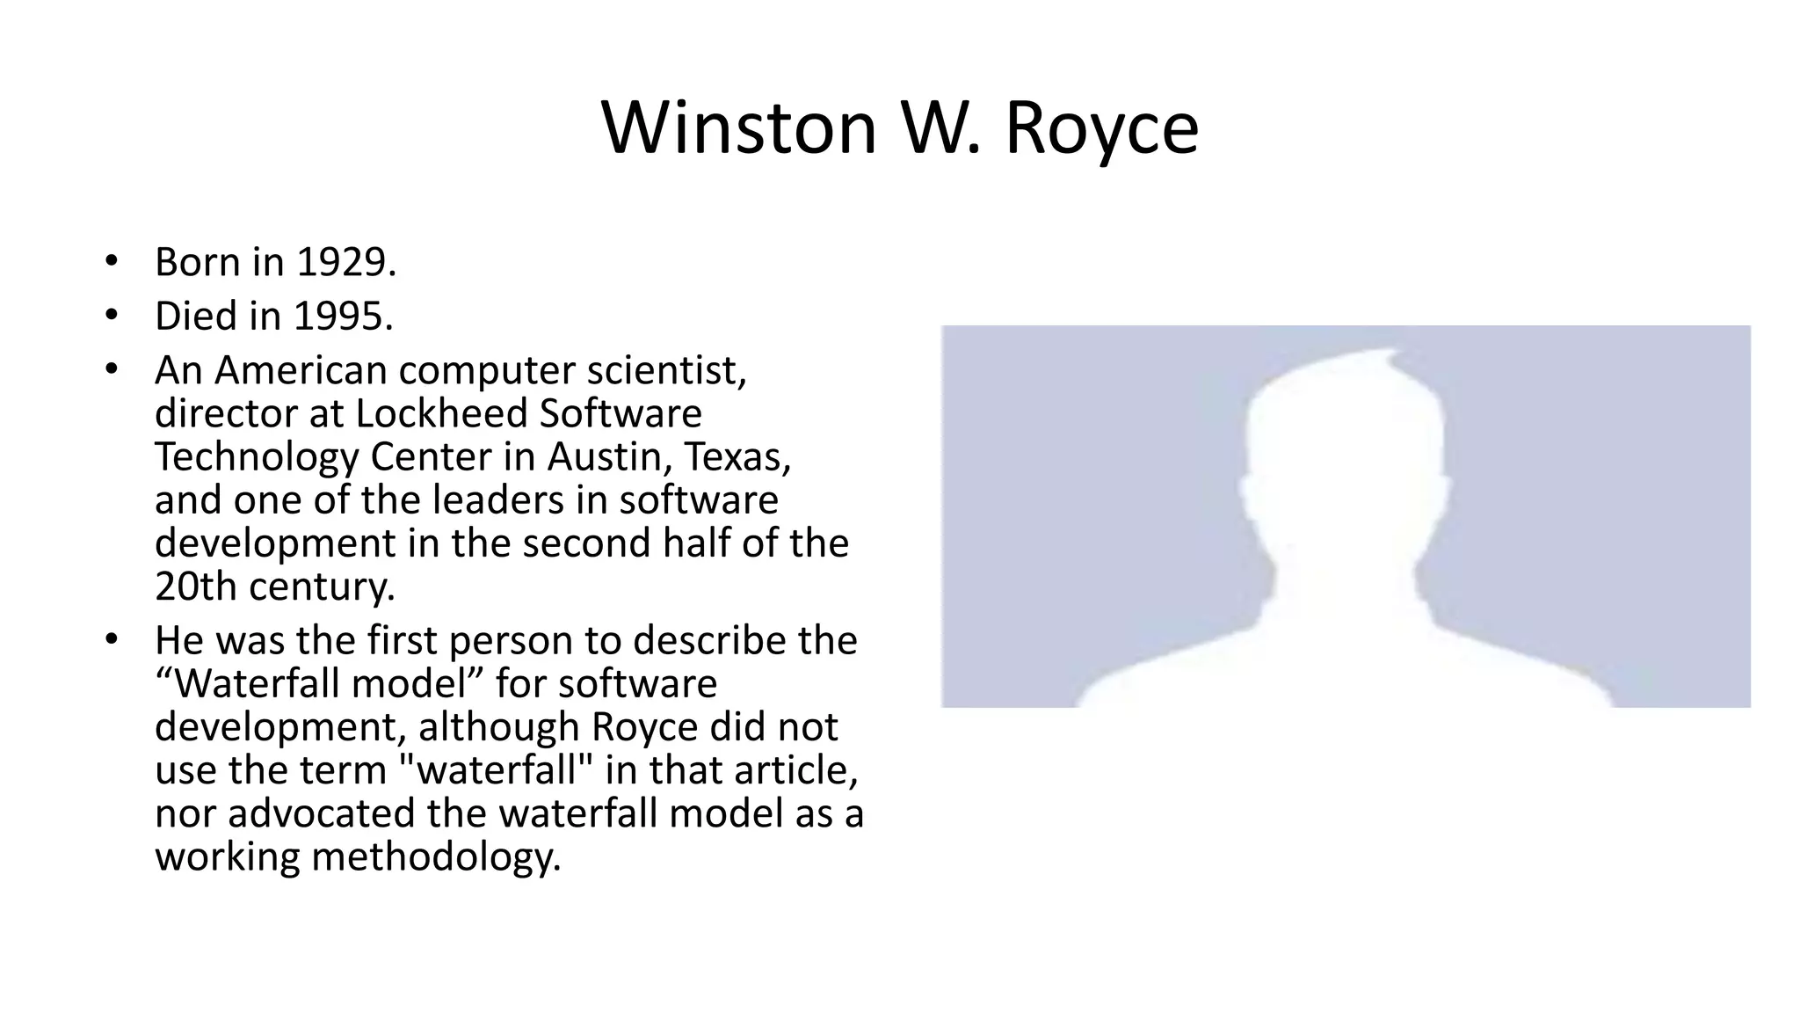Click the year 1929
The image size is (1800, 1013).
click(x=346, y=262)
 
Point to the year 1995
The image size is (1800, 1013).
click(x=343, y=316)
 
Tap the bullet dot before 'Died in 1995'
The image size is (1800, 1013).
click(x=110, y=314)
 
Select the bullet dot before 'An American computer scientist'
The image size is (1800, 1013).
click(x=110, y=368)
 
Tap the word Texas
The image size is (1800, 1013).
click(x=737, y=456)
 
